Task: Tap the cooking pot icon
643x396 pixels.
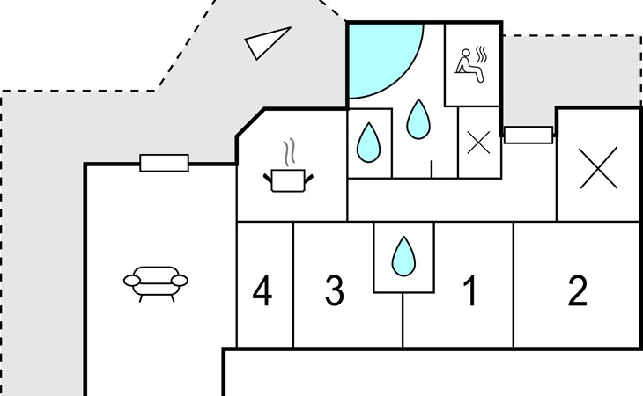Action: (x=288, y=180)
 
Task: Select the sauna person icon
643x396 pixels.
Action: (x=469, y=65)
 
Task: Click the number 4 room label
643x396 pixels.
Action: (x=262, y=290)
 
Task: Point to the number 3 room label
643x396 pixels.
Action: (x=335, y=290)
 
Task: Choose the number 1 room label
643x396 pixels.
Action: (x=470, y=290)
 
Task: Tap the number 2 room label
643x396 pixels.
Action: (x=578, y=290)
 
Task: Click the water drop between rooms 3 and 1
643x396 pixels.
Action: (x=403, y=256)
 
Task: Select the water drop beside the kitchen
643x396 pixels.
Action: (x=369, y=143)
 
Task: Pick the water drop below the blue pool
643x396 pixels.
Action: (x=418, y=119)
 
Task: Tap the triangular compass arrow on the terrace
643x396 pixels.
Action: (x=267, y=41)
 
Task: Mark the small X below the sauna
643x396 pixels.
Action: (x=478, y=143)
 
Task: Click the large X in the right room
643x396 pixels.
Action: (x=599, y=167)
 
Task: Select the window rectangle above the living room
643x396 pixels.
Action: (x=164, y=163)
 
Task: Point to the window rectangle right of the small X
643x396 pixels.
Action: (x=528, y=136)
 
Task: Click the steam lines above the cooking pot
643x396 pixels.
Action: (x=290, y=152)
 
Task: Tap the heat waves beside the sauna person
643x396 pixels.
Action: (x=481, y=54)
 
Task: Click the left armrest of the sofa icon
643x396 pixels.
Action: (x=132, y=281)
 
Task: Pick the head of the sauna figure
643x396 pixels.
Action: (x=466, y=53)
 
